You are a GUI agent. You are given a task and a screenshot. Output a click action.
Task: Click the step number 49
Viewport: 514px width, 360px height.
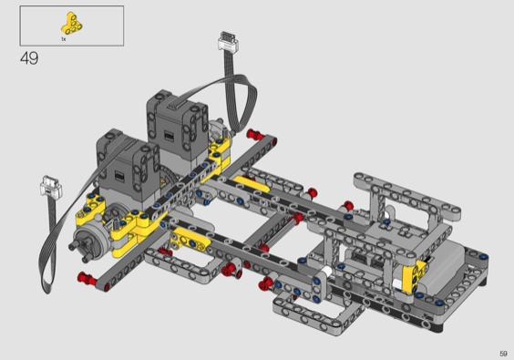(x=29, y=58)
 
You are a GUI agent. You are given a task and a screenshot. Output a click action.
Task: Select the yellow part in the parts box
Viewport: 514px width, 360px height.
(x=71, y=24)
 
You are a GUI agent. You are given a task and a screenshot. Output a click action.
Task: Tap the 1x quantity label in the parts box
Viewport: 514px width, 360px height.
(x=64, y=39)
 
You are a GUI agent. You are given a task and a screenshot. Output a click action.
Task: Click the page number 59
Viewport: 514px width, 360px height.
(x=503, y=354)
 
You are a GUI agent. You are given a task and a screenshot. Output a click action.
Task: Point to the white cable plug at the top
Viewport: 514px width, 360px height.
(x=228, y=42)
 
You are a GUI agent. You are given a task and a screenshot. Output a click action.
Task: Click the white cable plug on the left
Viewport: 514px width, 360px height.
(x=51, y=186)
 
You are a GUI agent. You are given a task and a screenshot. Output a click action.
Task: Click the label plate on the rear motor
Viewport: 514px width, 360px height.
(x=169, y=135)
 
